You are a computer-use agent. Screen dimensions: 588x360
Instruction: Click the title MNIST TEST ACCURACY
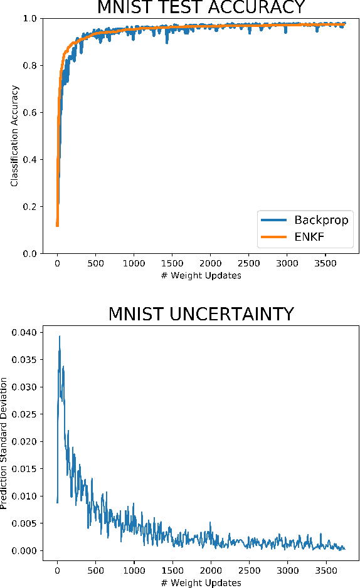(201, 7)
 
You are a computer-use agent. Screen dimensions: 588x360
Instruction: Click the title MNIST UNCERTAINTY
(201, 313)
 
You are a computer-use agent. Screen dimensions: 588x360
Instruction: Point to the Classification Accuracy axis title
(14, 135)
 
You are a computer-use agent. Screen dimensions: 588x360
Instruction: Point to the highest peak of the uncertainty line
(60, 336)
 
